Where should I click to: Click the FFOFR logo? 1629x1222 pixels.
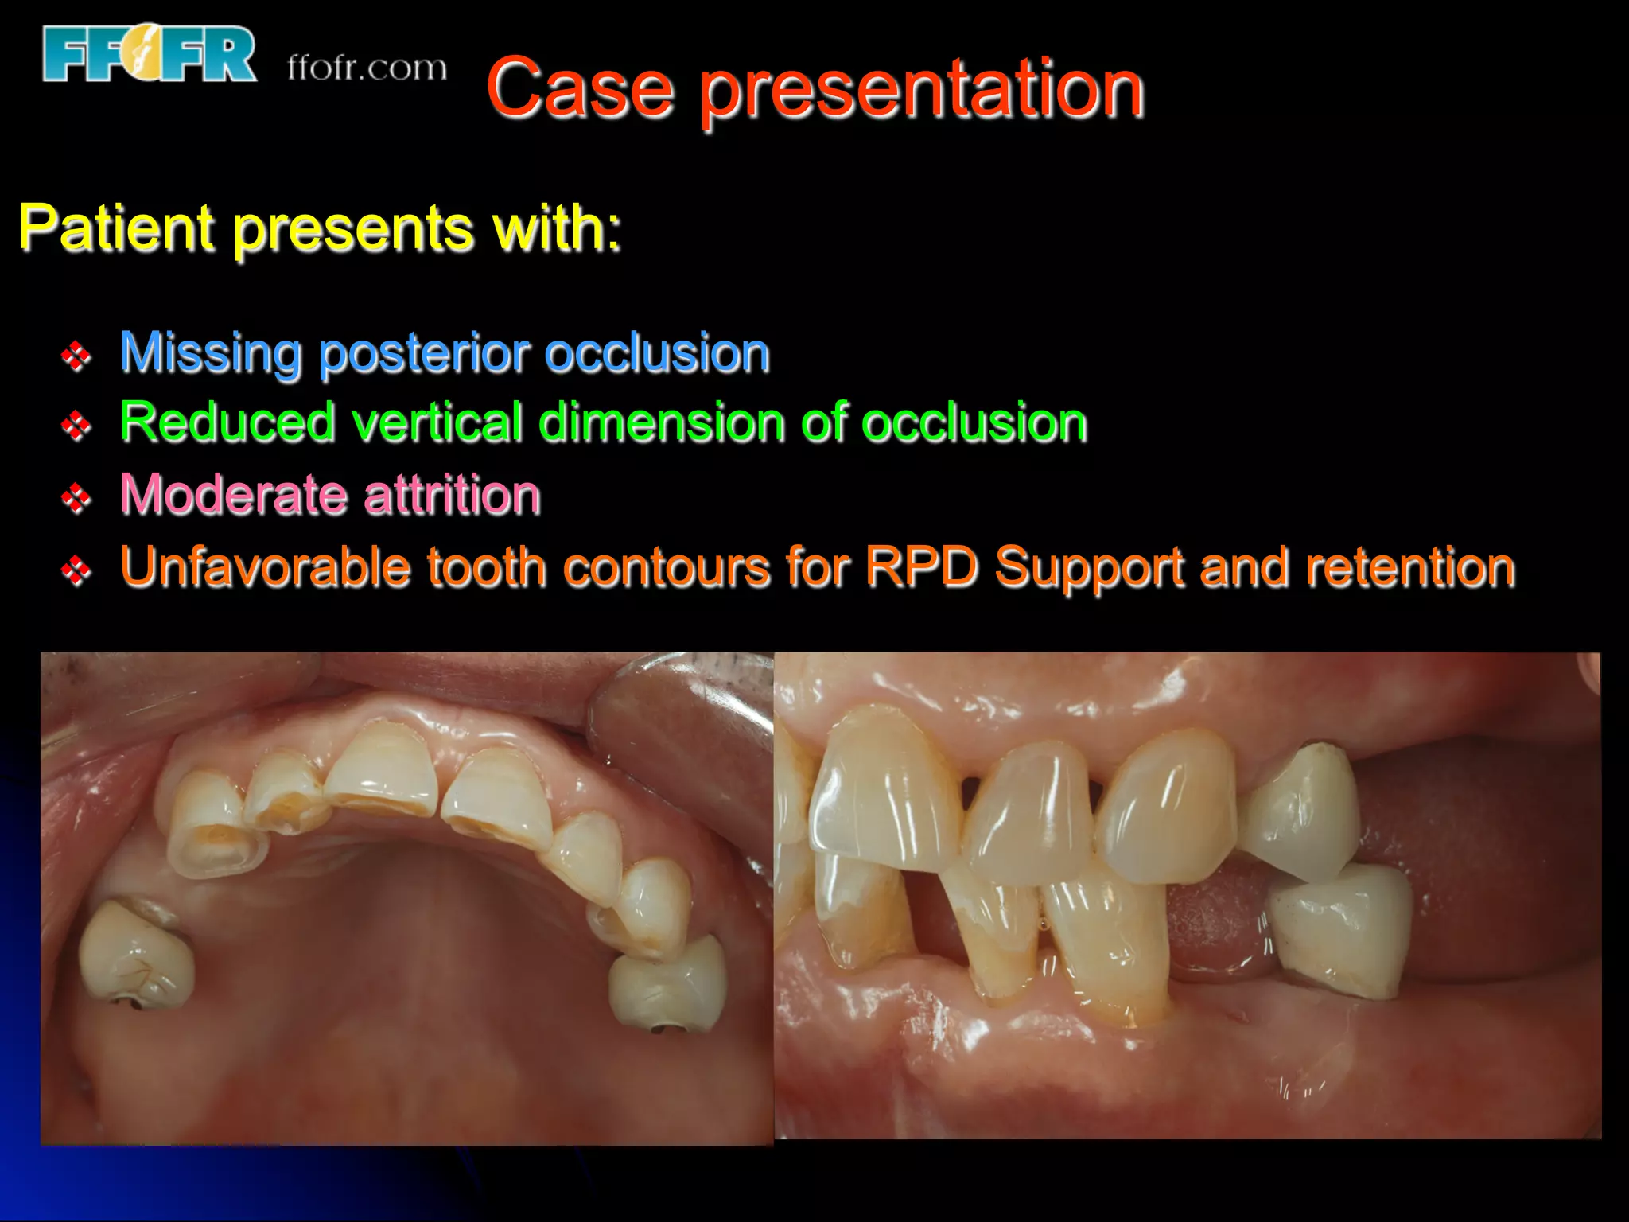tap(150, 54)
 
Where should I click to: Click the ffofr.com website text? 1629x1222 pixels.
tap(367, 68)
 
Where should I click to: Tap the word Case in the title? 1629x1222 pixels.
tap(580, 89)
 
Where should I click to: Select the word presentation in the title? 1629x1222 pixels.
tap(922, 91)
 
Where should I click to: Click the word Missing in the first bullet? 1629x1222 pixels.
tap(211, 352)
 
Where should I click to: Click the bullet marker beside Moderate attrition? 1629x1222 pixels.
tap(76, 499)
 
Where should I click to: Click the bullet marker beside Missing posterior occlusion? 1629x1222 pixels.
tap(76, 356)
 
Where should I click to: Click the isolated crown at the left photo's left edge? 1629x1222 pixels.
tap(135, 954)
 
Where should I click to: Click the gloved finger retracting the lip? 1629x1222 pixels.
tap(684, 732)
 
